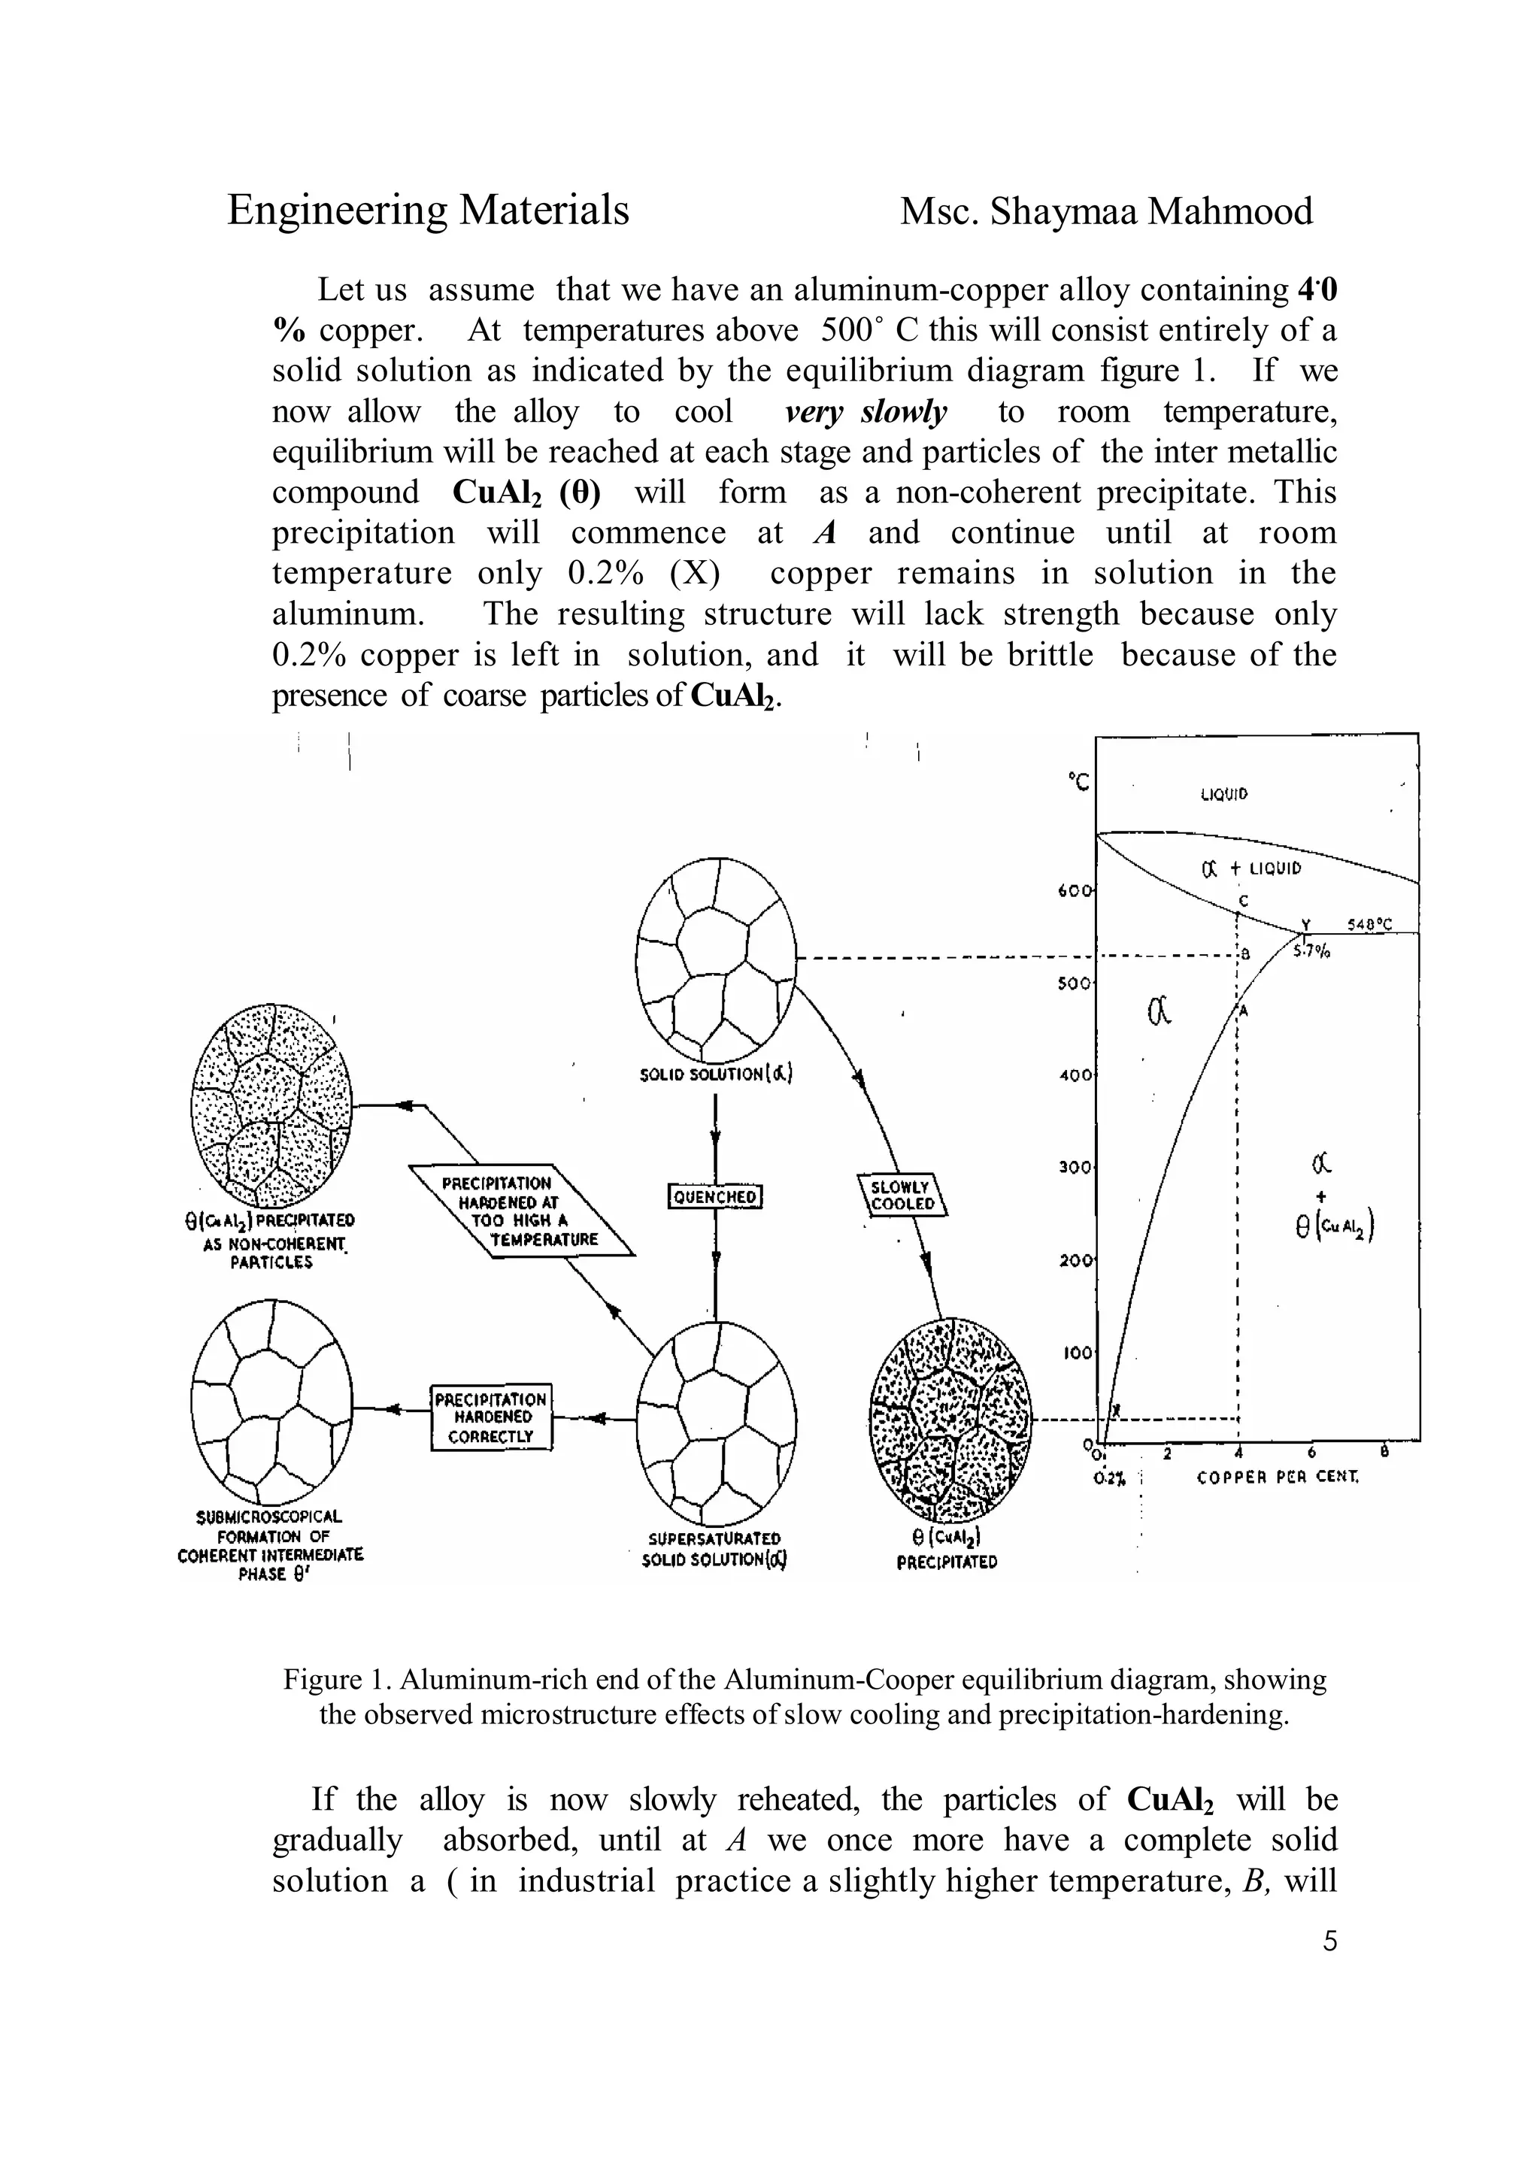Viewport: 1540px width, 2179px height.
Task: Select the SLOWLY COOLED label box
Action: click(x=902, y=1195)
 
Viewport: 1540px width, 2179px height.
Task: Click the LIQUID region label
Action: click(x=1224, y=794)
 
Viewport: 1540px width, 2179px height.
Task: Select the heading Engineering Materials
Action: click(x=428, y=211)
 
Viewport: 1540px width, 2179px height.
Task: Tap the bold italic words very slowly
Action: click(x=866, y=412)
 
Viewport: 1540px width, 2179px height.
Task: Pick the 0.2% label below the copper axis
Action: click(x=1108, y=1478)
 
